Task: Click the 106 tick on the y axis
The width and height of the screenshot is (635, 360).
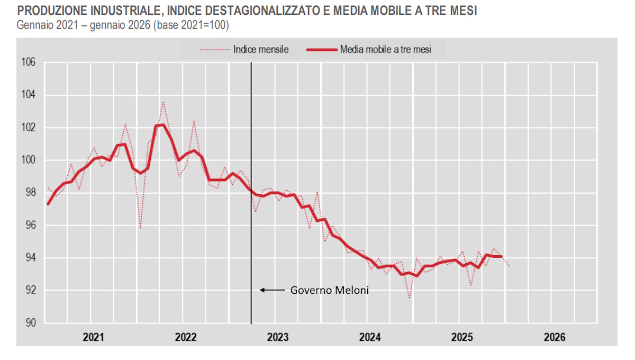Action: point(28,62)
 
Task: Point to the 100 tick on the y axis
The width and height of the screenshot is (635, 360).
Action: point(28,160)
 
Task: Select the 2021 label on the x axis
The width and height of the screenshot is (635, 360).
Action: point(93,337)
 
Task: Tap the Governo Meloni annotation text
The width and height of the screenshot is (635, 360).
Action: point(322,290)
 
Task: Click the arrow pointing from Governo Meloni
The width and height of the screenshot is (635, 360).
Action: point(272,290)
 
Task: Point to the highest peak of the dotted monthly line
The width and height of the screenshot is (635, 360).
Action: point(163,102)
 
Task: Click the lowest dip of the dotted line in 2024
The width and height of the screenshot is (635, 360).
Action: point(410,298)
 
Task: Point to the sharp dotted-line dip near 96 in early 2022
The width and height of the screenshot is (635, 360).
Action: point(140,228)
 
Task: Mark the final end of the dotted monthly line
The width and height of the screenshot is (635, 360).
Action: point(509,266)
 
